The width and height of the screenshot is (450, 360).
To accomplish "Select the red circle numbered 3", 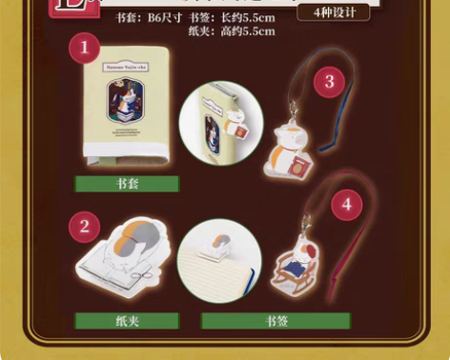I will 329,82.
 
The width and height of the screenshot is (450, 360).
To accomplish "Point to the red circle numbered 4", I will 346,204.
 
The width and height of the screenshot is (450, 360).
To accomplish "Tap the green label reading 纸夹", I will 128,322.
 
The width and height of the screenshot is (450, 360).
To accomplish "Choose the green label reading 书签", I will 276,322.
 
